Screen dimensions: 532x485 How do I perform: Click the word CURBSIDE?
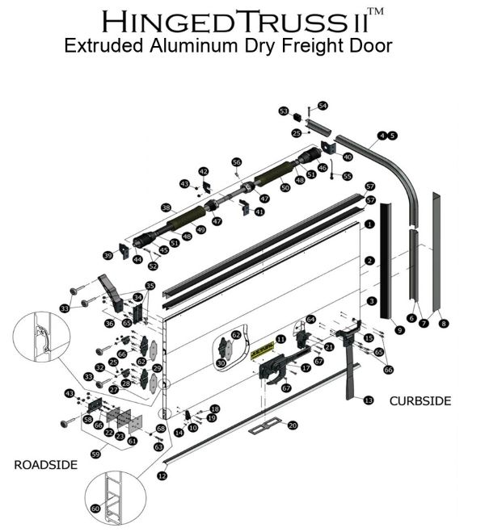click(420, 400)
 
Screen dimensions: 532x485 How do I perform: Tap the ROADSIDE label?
click(45, 464)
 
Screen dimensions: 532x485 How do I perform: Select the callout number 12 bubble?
click(162, 477)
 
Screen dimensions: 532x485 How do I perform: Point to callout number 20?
click(293, 425)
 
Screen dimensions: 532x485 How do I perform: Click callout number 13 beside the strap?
click(369, 400)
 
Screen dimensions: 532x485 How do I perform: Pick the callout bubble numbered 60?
click(95, 509)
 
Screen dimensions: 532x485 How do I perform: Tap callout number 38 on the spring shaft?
click(166, 207)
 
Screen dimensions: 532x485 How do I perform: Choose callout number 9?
click(399, 329)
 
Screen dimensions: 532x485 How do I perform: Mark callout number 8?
click(443, 323)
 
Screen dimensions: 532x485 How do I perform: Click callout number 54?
click(323, 106)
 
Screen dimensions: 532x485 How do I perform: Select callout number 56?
click(237, 162)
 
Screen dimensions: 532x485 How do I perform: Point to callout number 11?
click(280, 339)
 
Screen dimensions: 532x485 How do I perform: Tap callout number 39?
click(107, 256)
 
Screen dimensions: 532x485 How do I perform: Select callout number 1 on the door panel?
click(369, 224)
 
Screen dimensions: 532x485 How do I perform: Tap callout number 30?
click(220, 364)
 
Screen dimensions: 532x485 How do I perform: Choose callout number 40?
click(348, 157)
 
